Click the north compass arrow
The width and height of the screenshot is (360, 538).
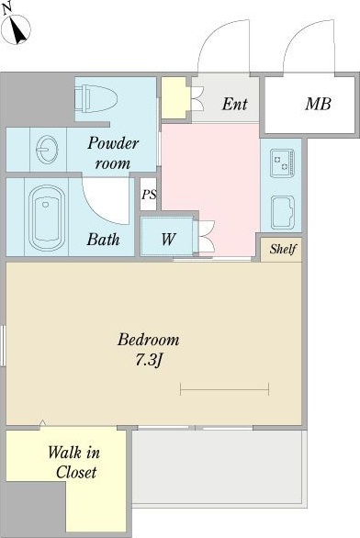[x=17, y=30]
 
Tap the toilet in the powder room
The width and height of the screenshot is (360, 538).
[x=96, y=99]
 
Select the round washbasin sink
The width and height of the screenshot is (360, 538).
[x=47, y=150]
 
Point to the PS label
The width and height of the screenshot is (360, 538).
[x=149, y=195]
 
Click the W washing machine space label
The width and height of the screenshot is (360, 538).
[x=168, y=239]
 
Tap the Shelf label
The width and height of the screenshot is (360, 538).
[x=283, y=249]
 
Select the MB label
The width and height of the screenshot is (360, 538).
[x=318, y=104]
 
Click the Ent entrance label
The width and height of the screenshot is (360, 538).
[x=234, y=104]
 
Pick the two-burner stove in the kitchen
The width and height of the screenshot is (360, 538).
[x=282, y=163]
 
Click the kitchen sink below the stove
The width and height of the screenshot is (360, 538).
[x=282, y=212]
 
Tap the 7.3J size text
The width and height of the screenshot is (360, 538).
[x=149, y=360]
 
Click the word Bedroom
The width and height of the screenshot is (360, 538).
[x=148, y=340]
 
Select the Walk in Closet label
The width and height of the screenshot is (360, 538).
[x=74, y=463]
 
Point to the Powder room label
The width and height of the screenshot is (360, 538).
[x=113, y=153]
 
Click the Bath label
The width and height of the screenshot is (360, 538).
[x=103, y=239]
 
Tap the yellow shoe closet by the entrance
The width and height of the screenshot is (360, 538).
[x=175, y=98]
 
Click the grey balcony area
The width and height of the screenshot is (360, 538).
[x=219, y=467]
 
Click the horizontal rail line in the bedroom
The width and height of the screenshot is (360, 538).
[x=224, y=389]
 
